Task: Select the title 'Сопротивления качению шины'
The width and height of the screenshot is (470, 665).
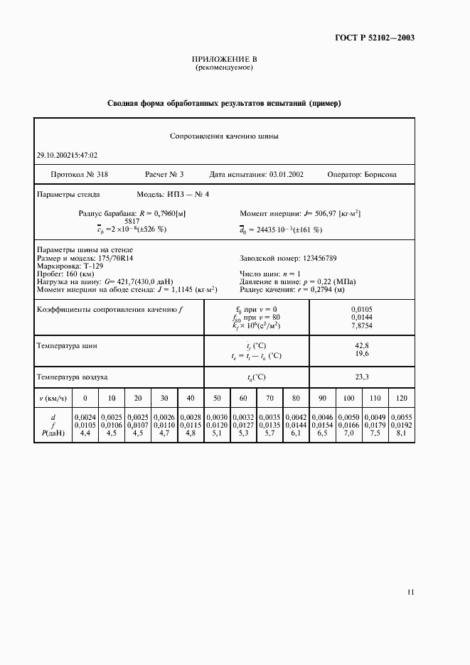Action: tap(224, 135)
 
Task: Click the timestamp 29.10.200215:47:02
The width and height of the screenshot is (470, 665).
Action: tap(67, 155)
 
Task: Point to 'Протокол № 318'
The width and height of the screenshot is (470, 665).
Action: tap(78, 174)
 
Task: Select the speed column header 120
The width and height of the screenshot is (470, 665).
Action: tap(401, 398)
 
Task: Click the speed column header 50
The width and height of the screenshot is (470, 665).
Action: tap(217, 398)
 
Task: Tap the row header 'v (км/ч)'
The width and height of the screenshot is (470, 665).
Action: tap(53, 398)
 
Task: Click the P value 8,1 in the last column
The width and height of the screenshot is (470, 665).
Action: tap(401, 433)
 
